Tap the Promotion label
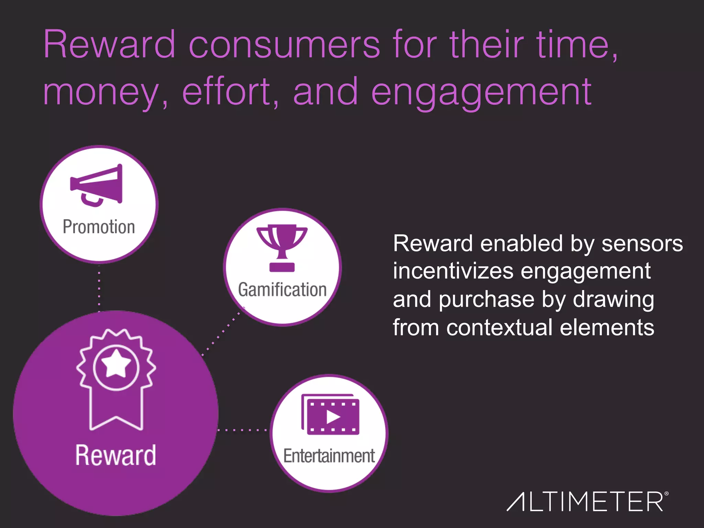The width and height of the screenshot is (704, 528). click(x=99, y=227)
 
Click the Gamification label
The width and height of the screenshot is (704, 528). click(x=282, y=289)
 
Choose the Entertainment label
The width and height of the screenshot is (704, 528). click(x=329, y=456)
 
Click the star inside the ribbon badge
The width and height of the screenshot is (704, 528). click(x=116, y=364)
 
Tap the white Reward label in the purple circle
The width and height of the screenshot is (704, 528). click(x=115, y=455)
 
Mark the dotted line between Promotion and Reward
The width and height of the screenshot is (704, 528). click(x=99, y=289)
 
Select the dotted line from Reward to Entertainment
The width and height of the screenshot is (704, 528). click(x=243, y=430)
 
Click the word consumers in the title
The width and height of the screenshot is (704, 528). click(x=285, y=45)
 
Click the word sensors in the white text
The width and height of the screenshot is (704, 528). click(x=642, y=243)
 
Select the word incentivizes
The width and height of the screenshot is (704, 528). click(x=453, y=271)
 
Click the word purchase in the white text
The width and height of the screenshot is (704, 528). click(x=486, y=299)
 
